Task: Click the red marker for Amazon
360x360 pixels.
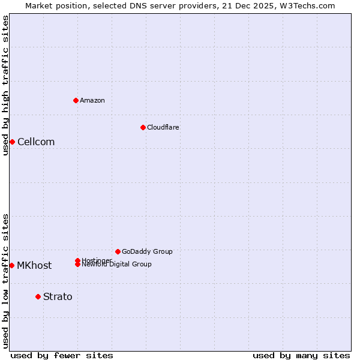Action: pos(76,100)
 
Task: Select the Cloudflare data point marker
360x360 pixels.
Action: pos(143,127)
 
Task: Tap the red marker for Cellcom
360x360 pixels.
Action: pos(12,142)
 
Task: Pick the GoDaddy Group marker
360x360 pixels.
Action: pos(118,251)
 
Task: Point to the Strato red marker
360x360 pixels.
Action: pos(38,296)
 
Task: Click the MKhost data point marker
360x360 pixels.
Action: pos(11,265)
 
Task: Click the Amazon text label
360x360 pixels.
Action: pos(92,100)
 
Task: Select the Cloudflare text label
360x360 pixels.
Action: pos(163,127)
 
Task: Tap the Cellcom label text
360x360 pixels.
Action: pos(36,142)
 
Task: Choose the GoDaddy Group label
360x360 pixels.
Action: pos(147,251)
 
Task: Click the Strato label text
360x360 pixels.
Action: pos(58,296)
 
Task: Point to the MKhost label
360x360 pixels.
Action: pos(34,265)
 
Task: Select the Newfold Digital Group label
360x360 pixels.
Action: pos(117,265)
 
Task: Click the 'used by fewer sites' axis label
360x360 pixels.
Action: pos(62,355)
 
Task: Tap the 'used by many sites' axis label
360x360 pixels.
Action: pos(301,355)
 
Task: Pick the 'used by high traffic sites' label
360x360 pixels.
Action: pos(5,85)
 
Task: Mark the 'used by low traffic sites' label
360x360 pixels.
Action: pos(5,281)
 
